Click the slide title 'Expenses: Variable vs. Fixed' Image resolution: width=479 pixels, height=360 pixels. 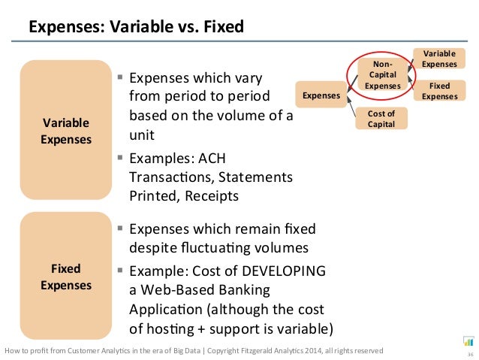(136, 29)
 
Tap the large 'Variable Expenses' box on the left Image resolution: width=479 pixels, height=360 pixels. (66, 130)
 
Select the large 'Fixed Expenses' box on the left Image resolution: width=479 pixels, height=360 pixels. (66, 276)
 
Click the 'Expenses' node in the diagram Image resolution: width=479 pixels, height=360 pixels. (321, 95)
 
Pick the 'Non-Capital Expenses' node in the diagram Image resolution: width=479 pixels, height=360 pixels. (382, 76)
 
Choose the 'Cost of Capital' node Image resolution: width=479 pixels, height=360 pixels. (381, 118)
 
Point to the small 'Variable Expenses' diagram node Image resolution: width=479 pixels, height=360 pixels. (439, 59)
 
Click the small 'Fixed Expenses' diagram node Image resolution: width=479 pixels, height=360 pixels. (439, 91)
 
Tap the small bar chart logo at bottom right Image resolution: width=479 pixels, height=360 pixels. (468, 340)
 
